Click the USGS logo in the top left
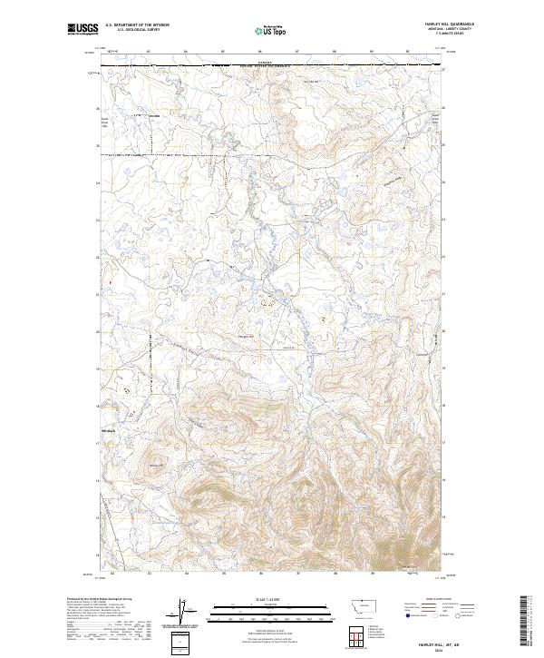click(81, 31)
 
